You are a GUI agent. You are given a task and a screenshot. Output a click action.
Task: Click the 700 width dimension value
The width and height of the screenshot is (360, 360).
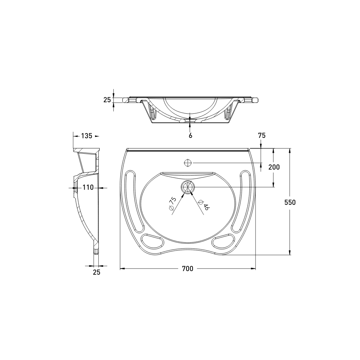[x=188, y=269]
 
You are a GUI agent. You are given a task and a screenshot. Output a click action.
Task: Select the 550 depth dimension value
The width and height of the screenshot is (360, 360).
[x=290, y=202]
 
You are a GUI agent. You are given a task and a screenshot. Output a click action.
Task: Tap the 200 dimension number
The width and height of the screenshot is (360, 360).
[x=274, y=167]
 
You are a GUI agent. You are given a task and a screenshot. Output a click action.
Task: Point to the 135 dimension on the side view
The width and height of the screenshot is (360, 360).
[x=86, y=136]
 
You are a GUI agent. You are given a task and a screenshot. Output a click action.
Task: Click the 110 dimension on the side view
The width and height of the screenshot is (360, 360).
[x=88, y=187]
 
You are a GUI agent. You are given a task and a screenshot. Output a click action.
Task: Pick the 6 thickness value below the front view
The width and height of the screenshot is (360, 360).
[x=190, y=135]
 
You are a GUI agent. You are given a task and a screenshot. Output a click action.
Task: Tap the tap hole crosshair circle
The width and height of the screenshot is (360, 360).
[x=188, y=163]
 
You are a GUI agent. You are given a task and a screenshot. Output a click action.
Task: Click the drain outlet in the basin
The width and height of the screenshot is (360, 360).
[x=188, y=186]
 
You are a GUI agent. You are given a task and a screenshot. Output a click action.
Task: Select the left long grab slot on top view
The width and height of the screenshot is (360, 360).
[x=134, y=202]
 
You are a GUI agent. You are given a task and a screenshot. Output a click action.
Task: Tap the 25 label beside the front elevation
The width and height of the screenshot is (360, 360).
[x=107, y=100]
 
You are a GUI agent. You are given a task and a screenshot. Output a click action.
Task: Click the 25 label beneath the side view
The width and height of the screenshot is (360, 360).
[x=96, y=273]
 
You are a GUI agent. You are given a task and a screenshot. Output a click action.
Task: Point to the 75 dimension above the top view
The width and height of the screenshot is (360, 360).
[x=262, y=135]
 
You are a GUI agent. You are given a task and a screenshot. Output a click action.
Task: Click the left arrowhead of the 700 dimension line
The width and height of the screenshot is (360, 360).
[x=122, y=269]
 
